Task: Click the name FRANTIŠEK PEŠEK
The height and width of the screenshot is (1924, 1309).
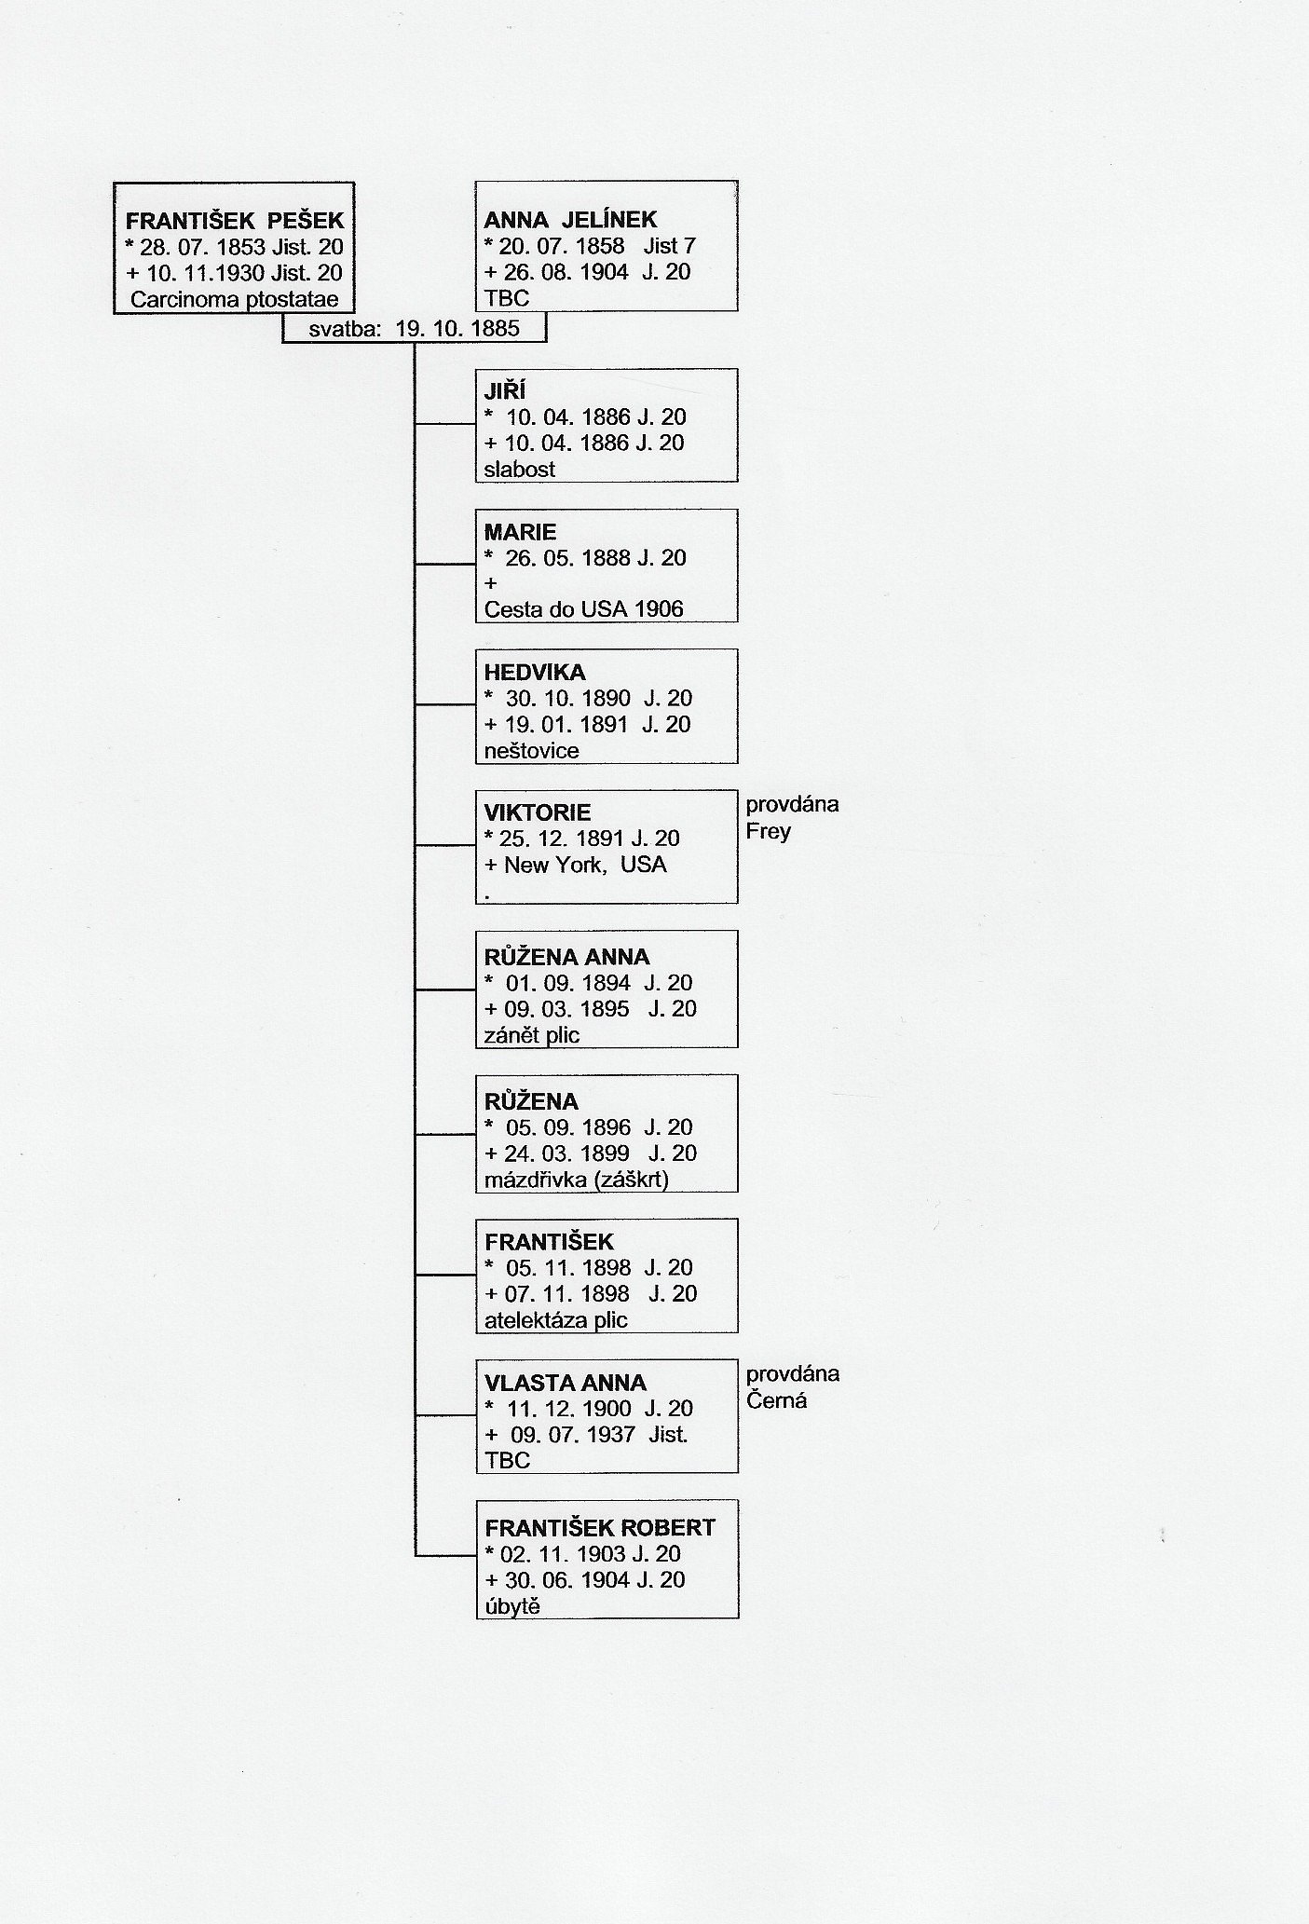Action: pyautogui.click(x=235, y=221)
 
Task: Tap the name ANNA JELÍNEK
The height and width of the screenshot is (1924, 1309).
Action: pyautogui.click(x=570, y=220)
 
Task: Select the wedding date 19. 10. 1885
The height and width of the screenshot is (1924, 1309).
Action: pyautogui.click(x=457, y=329)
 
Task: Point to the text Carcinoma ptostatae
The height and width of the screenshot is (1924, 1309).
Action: pyautogui.click(x=234, y=300)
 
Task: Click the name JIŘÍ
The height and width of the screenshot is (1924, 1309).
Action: pyautogui.click(x=505, y=389)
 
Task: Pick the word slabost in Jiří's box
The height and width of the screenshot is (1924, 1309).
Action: pyautogui.click(x=520, y=470)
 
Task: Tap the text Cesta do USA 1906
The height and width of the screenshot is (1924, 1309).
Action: pyautogui.click(x=584, y=609)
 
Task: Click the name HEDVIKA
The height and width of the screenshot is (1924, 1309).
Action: pyautogui.click(x=535, y=672)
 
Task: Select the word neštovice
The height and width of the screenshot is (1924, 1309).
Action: pyautogui.click(x=532, y=751)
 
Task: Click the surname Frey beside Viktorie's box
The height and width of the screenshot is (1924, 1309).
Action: pyautogui.click(x=769, y=831)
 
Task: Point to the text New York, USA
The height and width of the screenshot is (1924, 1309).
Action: pyautogui.click(x=585, y=865)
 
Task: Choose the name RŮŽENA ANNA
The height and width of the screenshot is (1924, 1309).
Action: pyautogui.click(x=567, y=956)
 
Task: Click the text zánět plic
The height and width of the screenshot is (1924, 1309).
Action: pyautogui.click(x=532, y=1035)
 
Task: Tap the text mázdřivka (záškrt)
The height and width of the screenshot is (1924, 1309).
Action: pyautogui.click(x=577, y=1180)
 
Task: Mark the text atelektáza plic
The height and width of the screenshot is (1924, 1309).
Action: pyautogui.click(x=556, y=1320)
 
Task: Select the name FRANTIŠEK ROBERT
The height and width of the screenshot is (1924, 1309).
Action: pyautogui.click(x=600, y=1528)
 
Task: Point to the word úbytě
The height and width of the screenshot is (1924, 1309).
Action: pyautogui.click(x=512, y=1606)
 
